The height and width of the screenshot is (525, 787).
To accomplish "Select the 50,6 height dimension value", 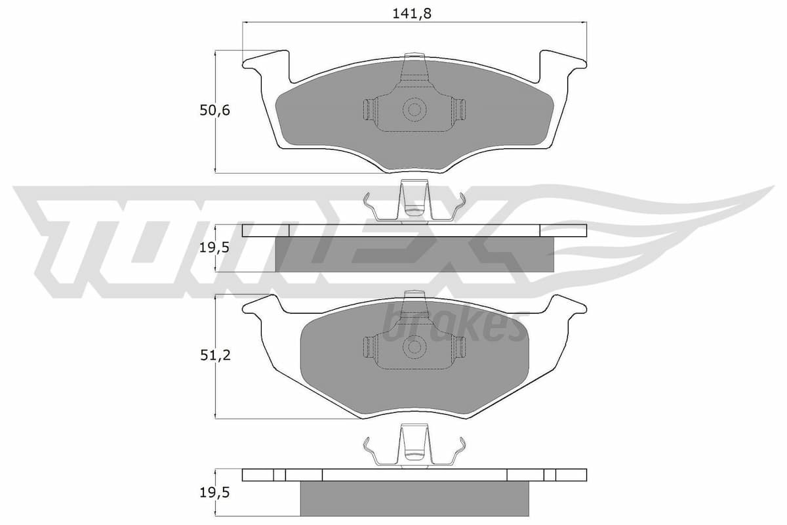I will (215, 111).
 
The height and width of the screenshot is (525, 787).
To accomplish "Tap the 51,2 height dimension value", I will (215, 355).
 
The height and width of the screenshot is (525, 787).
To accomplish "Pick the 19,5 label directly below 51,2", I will (215, 493).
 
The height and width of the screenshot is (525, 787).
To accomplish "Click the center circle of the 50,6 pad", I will (413, 110).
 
